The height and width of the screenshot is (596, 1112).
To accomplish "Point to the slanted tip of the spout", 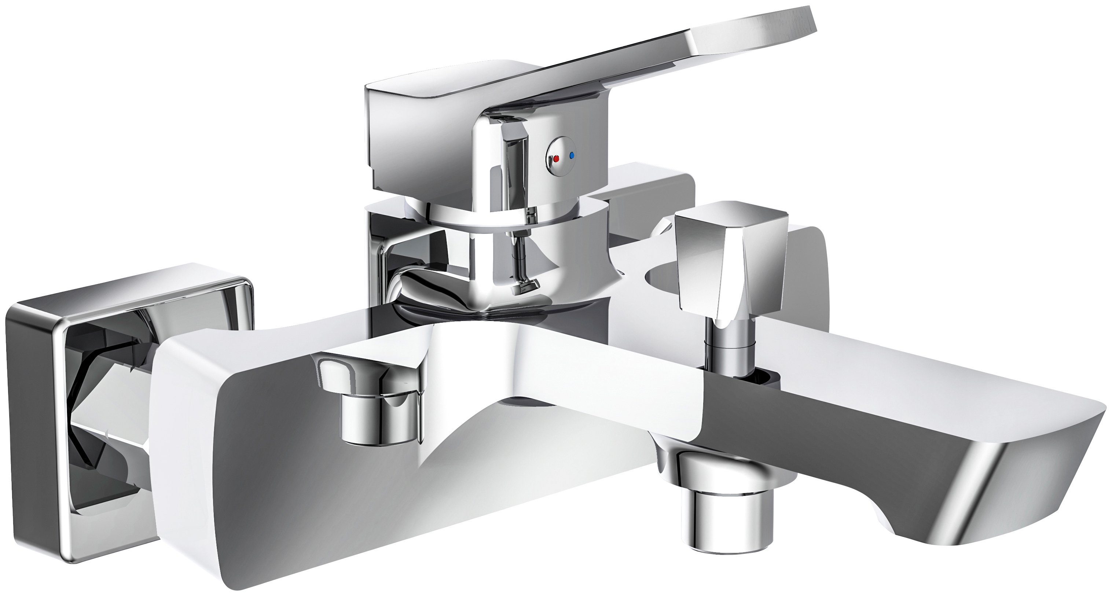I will point(1036,488).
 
